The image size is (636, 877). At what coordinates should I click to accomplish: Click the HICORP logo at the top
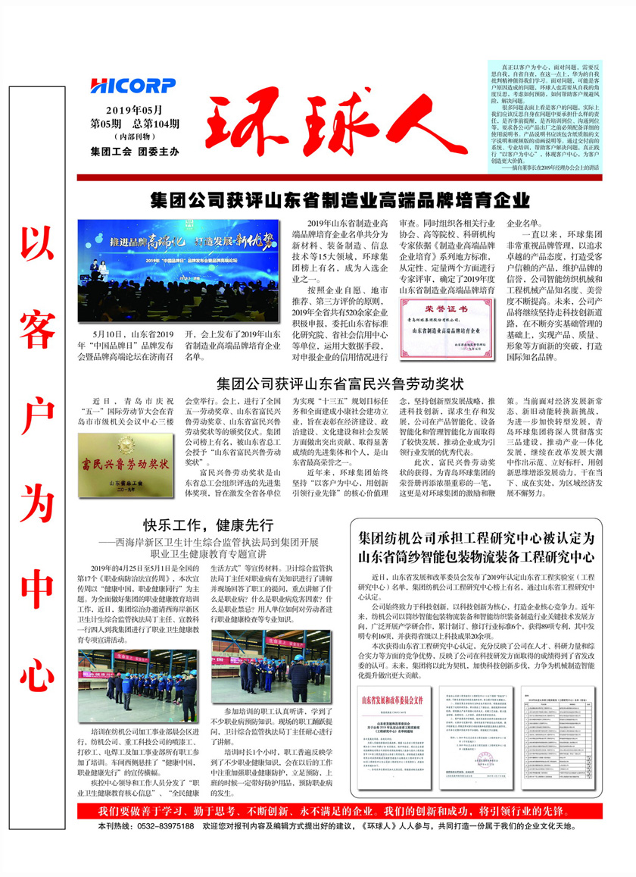[x=132, y=86]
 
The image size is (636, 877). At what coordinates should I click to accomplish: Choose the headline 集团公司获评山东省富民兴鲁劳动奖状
[x=339, y=381]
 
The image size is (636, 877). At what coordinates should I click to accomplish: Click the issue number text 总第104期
[x=156, y=124]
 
